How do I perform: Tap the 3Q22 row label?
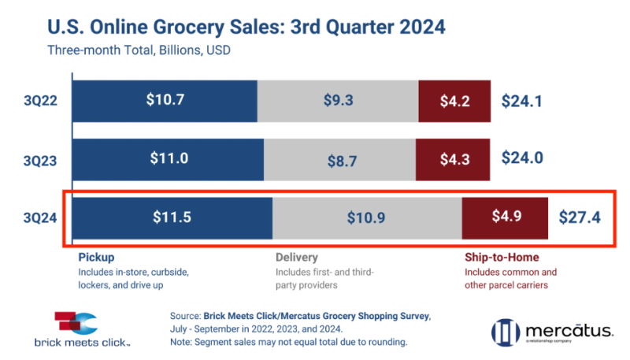[x=39, y=101]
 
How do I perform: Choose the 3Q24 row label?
[x=39, y=217]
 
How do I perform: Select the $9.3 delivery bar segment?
[x=339, y=101]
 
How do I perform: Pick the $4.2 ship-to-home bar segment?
[x=454, y=101]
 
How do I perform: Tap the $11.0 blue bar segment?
[x=169, y=158]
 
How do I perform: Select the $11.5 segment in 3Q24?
[x=172, y=217]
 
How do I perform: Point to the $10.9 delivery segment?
[x=367, y=217]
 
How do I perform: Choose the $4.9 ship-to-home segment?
[x=504, y=217]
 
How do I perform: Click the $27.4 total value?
[x=580, y=217]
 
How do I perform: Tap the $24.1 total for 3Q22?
[x=523, y=101]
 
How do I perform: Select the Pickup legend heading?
[x=97, y=258]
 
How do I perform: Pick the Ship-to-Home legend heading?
[x=502, y=258]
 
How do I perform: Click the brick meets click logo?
[x=76, y=328]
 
